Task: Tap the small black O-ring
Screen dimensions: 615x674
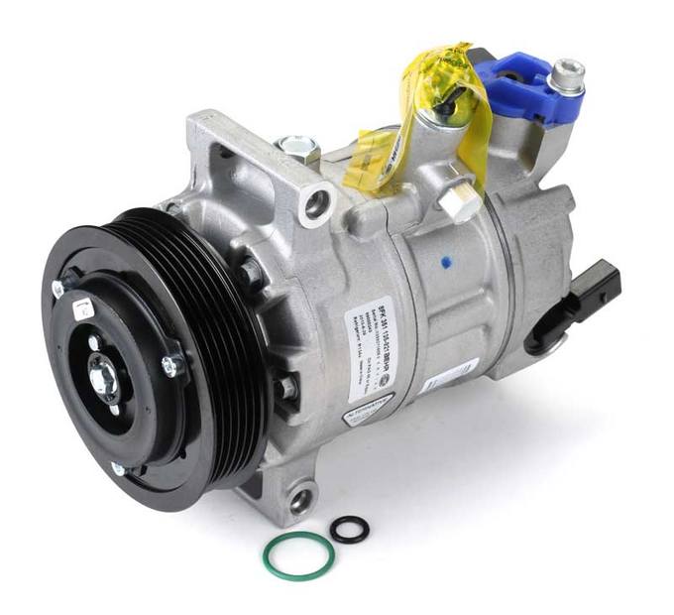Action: click(350, 529)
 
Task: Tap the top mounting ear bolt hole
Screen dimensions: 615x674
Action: click(317, 205)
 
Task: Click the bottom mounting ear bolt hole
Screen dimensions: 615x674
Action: click(299, 500)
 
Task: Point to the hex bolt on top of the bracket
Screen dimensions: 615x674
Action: click(297, 147)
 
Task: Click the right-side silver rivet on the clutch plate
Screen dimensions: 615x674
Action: click(168, 367)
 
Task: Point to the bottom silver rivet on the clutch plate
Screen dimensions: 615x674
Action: click(119, 468)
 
